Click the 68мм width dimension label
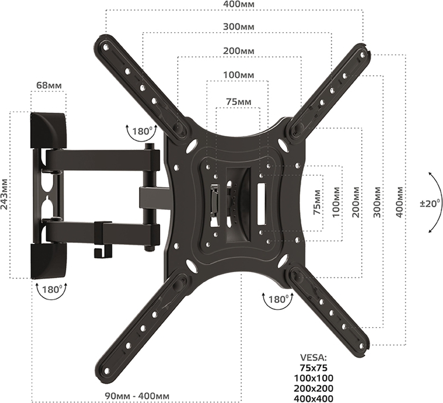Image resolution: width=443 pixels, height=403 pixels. click(48, 86)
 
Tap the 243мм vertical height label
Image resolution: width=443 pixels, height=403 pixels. click(5, 194)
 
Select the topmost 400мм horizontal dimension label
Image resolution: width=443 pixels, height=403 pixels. click(235, 4)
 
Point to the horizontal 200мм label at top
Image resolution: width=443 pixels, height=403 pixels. click(238, 51)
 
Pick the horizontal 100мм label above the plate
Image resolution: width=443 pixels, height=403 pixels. click(238, 74)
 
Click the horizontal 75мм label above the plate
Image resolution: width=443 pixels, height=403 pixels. click(237, 101)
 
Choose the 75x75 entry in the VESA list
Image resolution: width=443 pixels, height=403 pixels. click(315, 367)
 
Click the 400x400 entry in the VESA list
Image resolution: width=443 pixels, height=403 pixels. click(315, 398)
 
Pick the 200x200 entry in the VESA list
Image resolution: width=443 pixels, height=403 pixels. click(315, 388)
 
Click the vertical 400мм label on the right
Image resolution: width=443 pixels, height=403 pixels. click(399, 201)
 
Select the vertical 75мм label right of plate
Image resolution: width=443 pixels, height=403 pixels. click(317, 201)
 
